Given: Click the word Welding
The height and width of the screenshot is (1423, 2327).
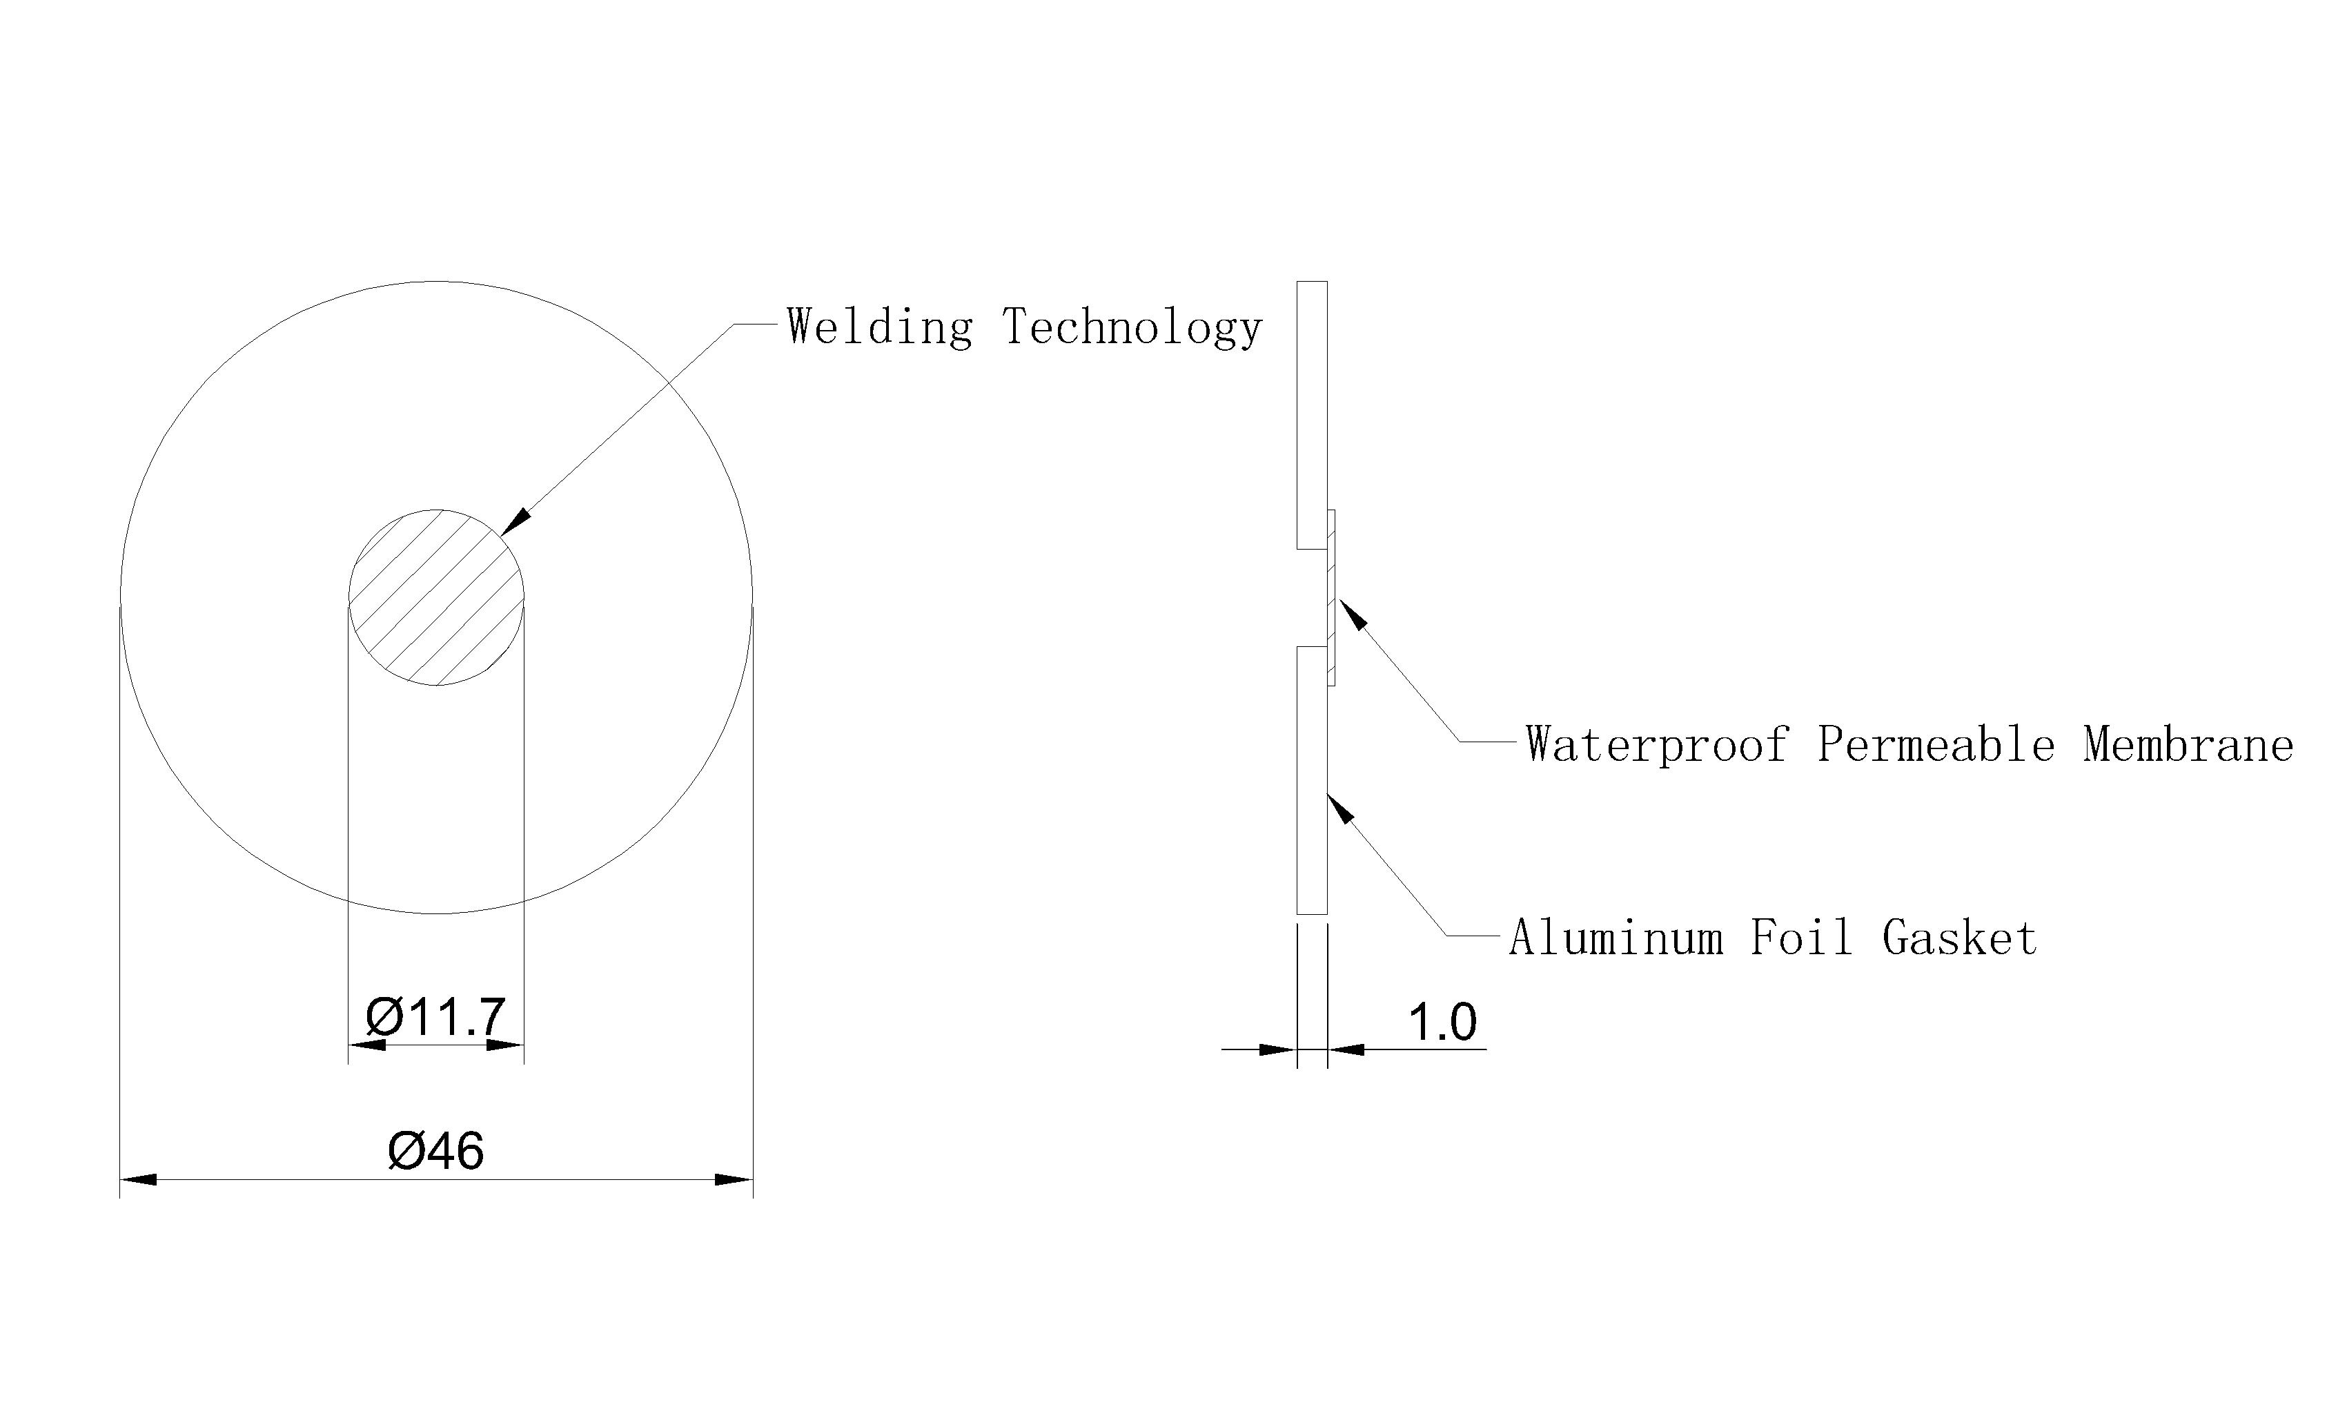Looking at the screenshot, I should click(x=879, y=327).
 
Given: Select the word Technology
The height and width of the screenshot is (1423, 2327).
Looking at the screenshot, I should click(x=1131, y=327).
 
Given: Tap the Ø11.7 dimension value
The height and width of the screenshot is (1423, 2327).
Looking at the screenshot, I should click(x=436, y=1018).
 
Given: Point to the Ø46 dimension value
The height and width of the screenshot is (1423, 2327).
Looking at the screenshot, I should click(x=436, y=1151).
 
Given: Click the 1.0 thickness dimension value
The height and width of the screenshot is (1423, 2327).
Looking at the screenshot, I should click(x=1442, y=1023).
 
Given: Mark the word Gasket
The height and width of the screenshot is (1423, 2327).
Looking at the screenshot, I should click(x=1960, y=938).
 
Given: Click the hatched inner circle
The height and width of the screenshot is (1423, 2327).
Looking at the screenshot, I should click(x=436, y=597).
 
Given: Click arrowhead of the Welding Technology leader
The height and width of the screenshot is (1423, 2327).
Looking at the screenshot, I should click(x=516, y=523).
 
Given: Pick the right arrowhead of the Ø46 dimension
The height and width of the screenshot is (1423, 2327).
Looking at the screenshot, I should click(x=734, y=1179).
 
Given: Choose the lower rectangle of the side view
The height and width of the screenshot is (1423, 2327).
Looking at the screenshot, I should click(x=1312, y=780).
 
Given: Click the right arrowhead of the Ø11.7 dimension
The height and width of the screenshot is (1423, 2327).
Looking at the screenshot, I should click(x=505, y=1045).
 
